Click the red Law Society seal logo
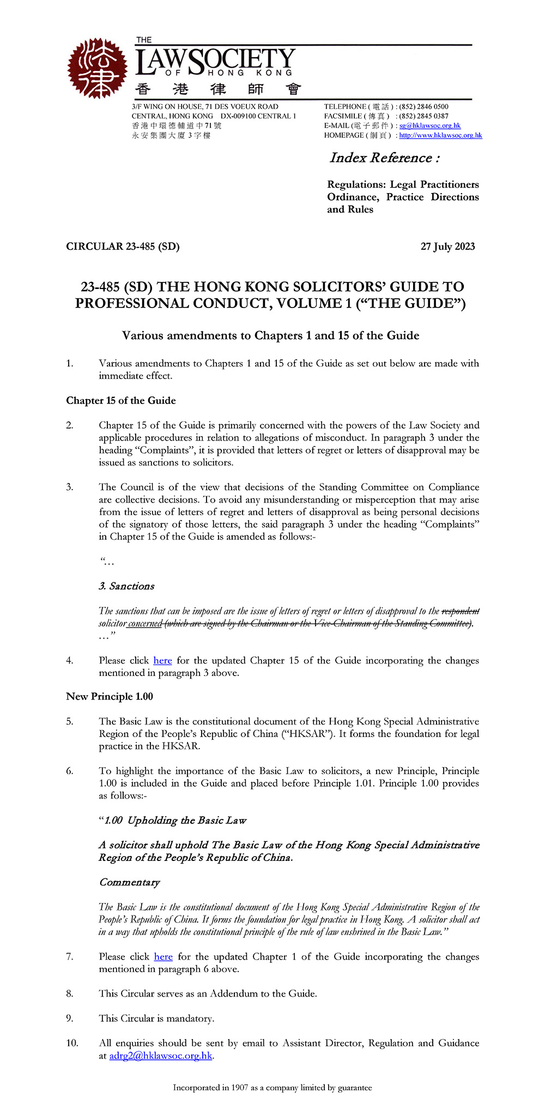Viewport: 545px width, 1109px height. [97, 68]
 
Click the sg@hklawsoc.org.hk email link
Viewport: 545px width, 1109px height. [429, 126]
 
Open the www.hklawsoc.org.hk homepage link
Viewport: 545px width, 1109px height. [440, 136]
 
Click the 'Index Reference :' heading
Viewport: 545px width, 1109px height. [384, 158]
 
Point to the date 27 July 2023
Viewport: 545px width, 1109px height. [447, 246]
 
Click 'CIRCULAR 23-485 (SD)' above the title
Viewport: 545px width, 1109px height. [123, 246]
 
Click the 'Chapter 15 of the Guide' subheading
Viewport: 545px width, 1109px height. [120, 401]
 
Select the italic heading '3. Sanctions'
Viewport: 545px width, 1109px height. [126, 586]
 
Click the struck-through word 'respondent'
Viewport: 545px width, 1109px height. [461, 611]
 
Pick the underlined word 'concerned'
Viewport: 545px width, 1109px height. [146, 624]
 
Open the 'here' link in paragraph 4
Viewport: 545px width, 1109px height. [162, 661]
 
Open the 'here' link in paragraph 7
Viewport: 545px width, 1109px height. [163, 957]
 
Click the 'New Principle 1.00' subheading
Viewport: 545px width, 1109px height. [110, 697]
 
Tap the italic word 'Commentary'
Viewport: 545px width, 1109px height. [129, 882]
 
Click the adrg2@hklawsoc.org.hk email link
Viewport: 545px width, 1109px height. [160, 1056]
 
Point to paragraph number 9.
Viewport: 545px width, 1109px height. [70, 1018]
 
